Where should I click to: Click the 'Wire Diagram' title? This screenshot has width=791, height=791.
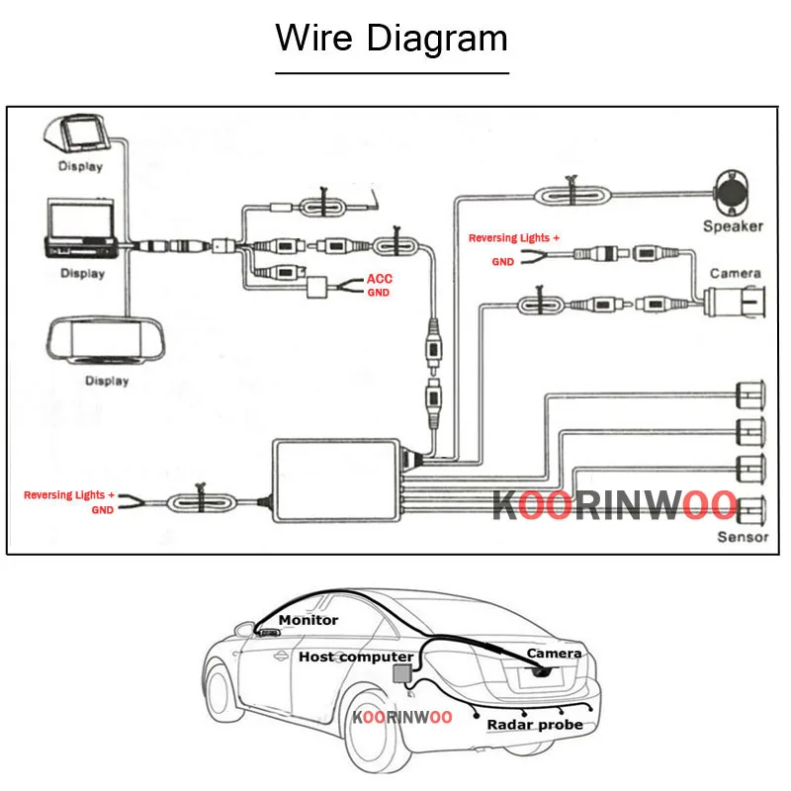coord(392,39)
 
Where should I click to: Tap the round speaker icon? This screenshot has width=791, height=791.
coord(735,190)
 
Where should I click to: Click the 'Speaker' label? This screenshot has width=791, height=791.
coord(733,226)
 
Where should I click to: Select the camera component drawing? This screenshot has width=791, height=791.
coord(736,300)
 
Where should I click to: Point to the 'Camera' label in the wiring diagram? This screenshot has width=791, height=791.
coord(735,273)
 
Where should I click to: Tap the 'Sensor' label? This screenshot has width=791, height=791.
coord(743,537)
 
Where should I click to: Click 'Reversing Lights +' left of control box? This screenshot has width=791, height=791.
coord(69,494)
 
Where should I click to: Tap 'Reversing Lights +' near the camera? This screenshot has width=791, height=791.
coord(513,238)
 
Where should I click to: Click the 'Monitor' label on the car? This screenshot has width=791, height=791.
coord(308,620)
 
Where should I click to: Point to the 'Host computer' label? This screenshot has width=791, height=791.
coord(356,657)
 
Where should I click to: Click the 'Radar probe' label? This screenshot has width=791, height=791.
coord(534,725)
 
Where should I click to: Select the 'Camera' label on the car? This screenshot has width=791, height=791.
coord(554,653)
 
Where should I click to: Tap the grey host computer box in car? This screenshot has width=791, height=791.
coord(403,674)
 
